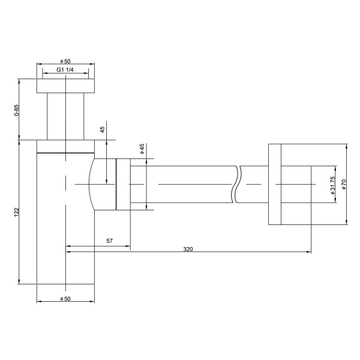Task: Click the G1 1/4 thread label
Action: click(66, 70)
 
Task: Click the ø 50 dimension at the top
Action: click(66, 61)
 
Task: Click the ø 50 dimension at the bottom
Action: click(66, 298)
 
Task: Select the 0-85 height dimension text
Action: click(17, 109)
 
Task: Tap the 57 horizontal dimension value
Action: click(109, 241)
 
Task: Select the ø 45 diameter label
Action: click(142, 149)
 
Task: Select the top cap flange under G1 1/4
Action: click(66, 85)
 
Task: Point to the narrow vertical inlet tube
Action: click(66, 117)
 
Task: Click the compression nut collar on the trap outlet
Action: click(123, 184)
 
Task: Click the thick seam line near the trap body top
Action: click(66, 154)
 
